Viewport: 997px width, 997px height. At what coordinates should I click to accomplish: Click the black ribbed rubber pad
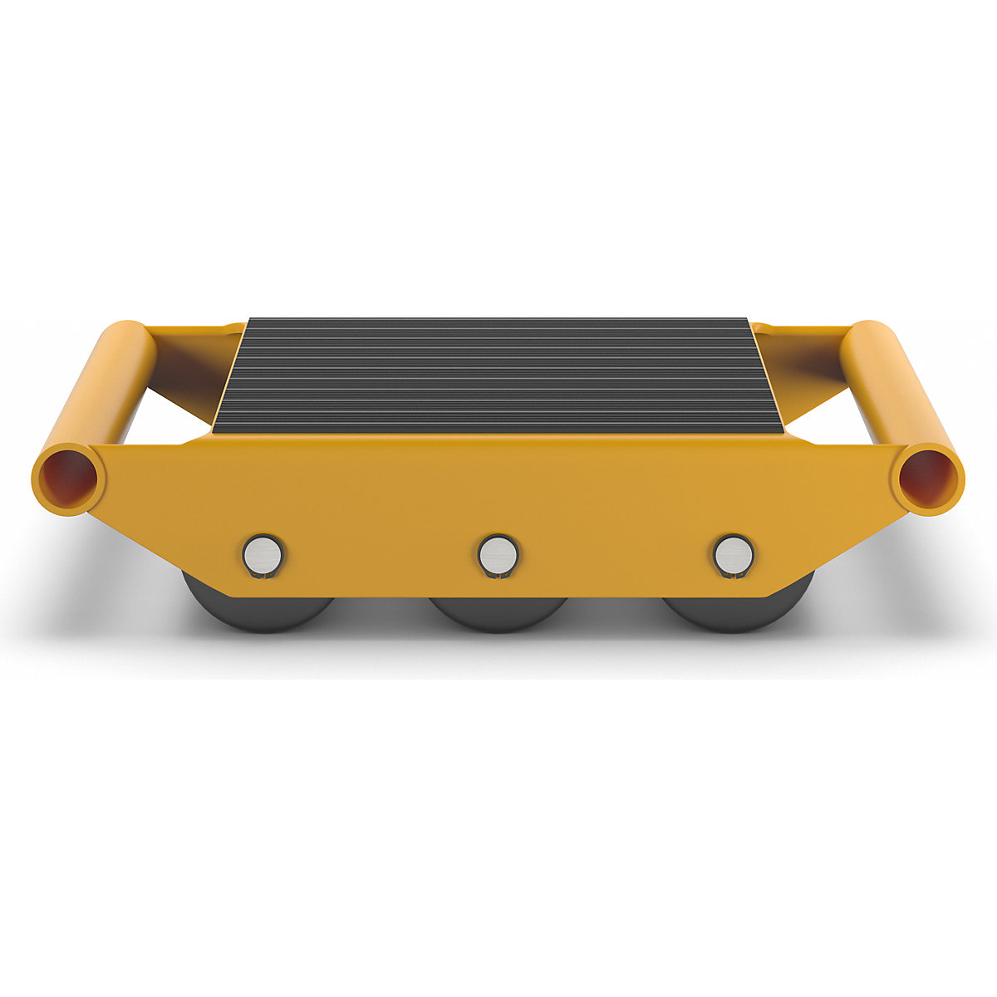point(498,374)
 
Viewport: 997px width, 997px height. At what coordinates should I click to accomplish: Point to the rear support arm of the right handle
point(802,341)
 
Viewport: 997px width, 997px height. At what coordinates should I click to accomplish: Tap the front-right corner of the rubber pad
point(783,430)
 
